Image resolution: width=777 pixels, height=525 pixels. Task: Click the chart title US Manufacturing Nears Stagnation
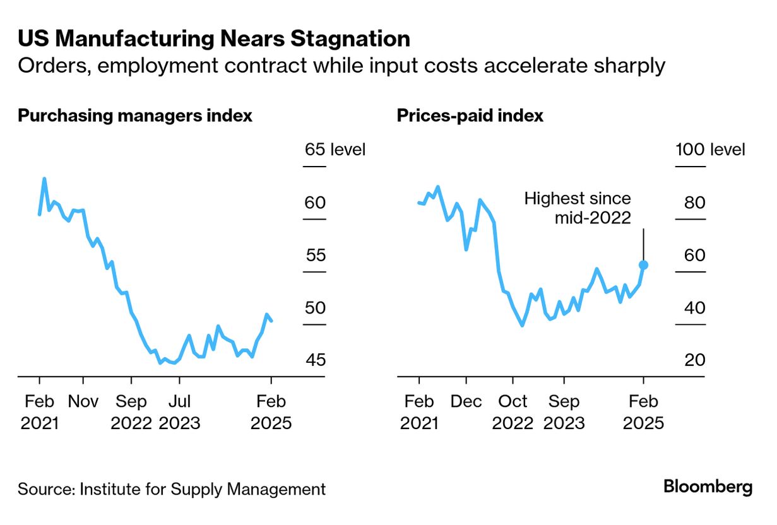(x=214, y=39)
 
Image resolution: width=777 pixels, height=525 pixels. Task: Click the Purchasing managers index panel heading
(x=135, y=116)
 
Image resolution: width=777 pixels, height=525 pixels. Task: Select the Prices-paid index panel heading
(x=470, y=116)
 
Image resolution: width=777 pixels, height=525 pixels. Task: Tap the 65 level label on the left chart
(x=335, y=150)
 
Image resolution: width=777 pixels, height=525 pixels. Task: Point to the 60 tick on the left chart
(x=315, y=203)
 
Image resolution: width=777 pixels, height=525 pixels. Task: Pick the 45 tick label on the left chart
(x=315, y=360)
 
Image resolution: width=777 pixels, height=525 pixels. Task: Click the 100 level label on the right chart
(x=710, y=150)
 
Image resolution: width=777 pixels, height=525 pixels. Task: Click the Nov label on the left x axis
(x=83, y=402)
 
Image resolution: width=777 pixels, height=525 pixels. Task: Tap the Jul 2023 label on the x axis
(x=179, y=412)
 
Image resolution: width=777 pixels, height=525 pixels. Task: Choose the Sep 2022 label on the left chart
(x=131, y=412)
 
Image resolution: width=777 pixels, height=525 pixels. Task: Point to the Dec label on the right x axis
(x=466, y=402)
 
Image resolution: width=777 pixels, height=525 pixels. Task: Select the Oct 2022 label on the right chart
(x=513, y=412)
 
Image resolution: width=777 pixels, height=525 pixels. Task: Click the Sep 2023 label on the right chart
(x=564, y=412)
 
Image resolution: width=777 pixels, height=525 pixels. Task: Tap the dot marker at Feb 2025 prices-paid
(x=643, y=265)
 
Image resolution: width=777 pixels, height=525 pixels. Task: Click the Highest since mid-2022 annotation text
(x=578, y=208)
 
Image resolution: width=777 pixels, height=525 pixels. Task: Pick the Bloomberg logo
(x=708, y=487)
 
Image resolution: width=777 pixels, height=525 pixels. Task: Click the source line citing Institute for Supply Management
(x=172, y=489)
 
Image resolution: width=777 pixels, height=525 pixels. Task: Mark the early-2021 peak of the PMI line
(x=44, y=179)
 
